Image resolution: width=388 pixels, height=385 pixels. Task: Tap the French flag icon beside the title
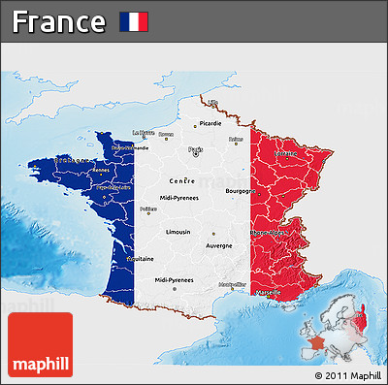coord(134,21)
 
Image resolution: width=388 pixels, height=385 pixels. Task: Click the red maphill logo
coord(40,345)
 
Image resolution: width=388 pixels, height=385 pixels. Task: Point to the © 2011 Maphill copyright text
coord(347,375)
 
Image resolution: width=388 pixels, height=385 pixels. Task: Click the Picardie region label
coord(210,123)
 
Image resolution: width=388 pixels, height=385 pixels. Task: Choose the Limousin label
coord(178,233)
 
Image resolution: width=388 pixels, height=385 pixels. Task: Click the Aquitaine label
coord(140,259)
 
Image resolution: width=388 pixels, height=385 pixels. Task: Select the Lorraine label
coord(285,152)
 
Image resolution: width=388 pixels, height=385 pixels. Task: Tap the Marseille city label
coord(269,292)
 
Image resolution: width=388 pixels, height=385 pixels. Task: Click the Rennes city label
coord(101,171)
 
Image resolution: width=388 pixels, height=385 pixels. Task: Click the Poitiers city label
coord(147,208)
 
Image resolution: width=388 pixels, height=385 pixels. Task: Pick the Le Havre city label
coord(143,133)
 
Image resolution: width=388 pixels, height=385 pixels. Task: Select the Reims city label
coord(236,139)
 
